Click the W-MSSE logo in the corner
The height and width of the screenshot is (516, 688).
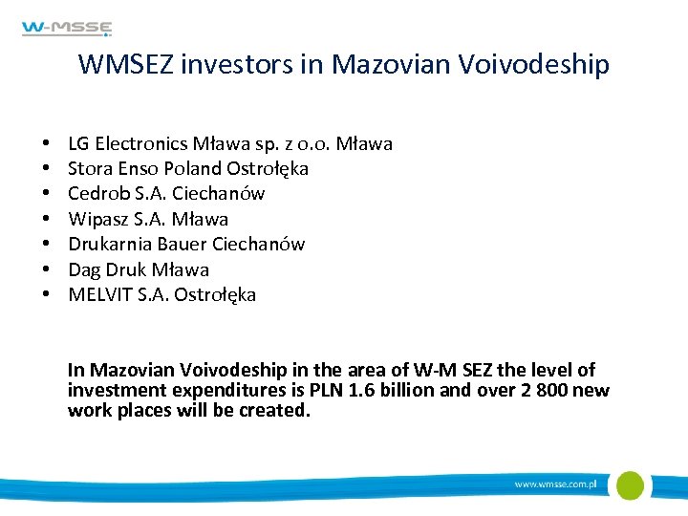[x=67, y=29]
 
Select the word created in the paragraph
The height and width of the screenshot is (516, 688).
[x=277, y=411]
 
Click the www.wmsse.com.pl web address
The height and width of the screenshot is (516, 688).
[x=555, y=484]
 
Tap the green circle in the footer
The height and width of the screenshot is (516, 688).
[x=629, y=484]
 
